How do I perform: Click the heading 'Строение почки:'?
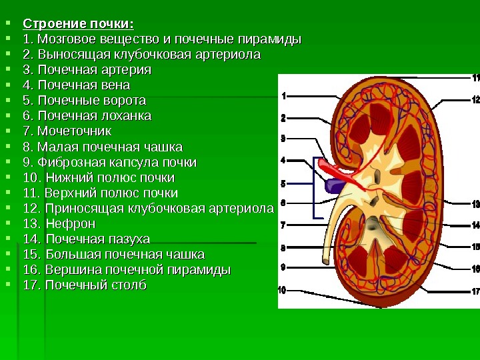click(78, 25)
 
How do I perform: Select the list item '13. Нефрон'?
click(59, 223)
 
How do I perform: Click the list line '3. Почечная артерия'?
click(87, 70)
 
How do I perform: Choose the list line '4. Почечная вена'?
click(76, 85)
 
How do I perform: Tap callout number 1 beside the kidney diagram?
click(283, 96)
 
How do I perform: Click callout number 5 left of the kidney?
click(283, 183)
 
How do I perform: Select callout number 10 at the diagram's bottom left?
click(282, 290)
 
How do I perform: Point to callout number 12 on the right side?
click(475, 101)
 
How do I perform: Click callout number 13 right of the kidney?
click(475, 204)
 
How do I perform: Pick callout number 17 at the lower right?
click(475, 291)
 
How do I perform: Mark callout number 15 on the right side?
click(475, 247)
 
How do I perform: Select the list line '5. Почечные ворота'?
click(84, 101)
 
